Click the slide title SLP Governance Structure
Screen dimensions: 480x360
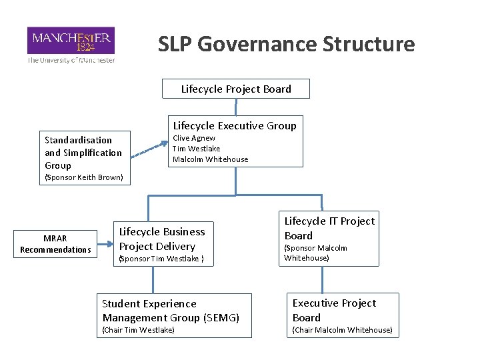(286, 44)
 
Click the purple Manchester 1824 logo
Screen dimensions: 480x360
(71, 40)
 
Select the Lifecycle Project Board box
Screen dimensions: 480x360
(236, 89)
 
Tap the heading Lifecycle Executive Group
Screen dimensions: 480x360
(235, 125)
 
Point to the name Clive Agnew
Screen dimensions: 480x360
(194, 138)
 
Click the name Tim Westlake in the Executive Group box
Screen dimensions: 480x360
(196, 149)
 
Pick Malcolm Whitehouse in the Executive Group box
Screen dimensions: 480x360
(210, 159)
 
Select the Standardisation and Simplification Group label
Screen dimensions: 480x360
(83, 153)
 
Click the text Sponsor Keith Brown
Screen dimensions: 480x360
(83, 177)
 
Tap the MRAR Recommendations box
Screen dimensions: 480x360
(55, 244)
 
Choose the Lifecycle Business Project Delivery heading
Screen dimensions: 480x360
(162, 239)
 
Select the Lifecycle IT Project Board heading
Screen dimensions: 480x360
(329, 228)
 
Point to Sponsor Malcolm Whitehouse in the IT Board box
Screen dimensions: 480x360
(316, 253)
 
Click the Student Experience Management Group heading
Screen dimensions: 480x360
(170, 311)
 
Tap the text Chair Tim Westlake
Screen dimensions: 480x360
(138, 330)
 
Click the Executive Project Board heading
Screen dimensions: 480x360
(334, 310)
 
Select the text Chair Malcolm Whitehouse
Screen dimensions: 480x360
(342, 330)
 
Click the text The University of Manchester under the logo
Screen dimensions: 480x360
(71, 60)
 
